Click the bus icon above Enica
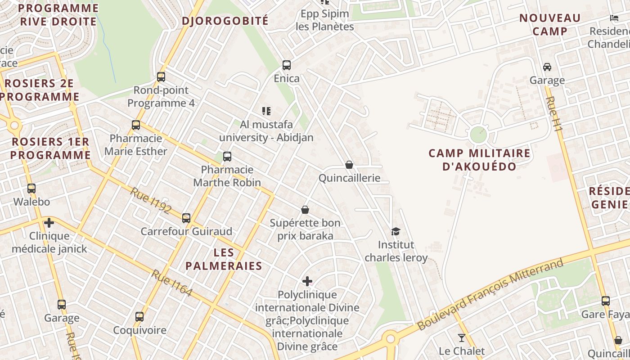(287, 65)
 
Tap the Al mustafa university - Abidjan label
(266, 131)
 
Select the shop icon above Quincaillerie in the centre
(349, 165)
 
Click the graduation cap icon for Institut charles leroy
(396, 231)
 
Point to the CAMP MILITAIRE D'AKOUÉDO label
(479, 160)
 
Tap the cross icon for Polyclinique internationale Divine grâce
(307, 281)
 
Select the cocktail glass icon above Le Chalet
(462, 337)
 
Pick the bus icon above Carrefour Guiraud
(186, 218)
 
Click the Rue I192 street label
(151, 200)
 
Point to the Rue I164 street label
(172, 283)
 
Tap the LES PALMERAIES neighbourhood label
(224, 259)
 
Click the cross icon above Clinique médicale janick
(49, 223)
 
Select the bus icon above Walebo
(31, 189)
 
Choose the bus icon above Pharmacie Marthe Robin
(227, 157)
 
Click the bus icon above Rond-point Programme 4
(161, 77)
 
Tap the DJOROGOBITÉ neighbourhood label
(225, 21)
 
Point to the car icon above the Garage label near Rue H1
(547, 67)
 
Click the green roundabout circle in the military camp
(478, 135)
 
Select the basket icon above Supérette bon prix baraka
(305, 210)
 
